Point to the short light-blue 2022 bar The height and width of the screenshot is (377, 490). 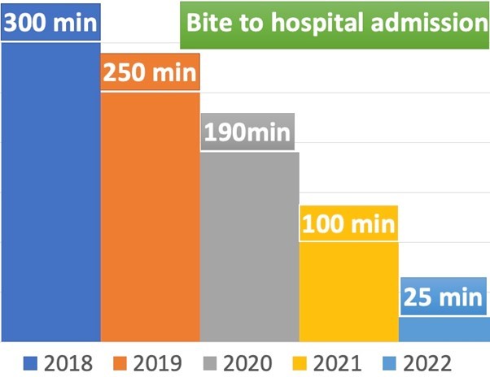tap(444, 329)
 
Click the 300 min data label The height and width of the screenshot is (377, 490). tap(50, 21)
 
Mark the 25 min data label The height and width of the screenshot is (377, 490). tap(444, 297)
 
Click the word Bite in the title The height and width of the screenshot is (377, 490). tap(209, 22)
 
